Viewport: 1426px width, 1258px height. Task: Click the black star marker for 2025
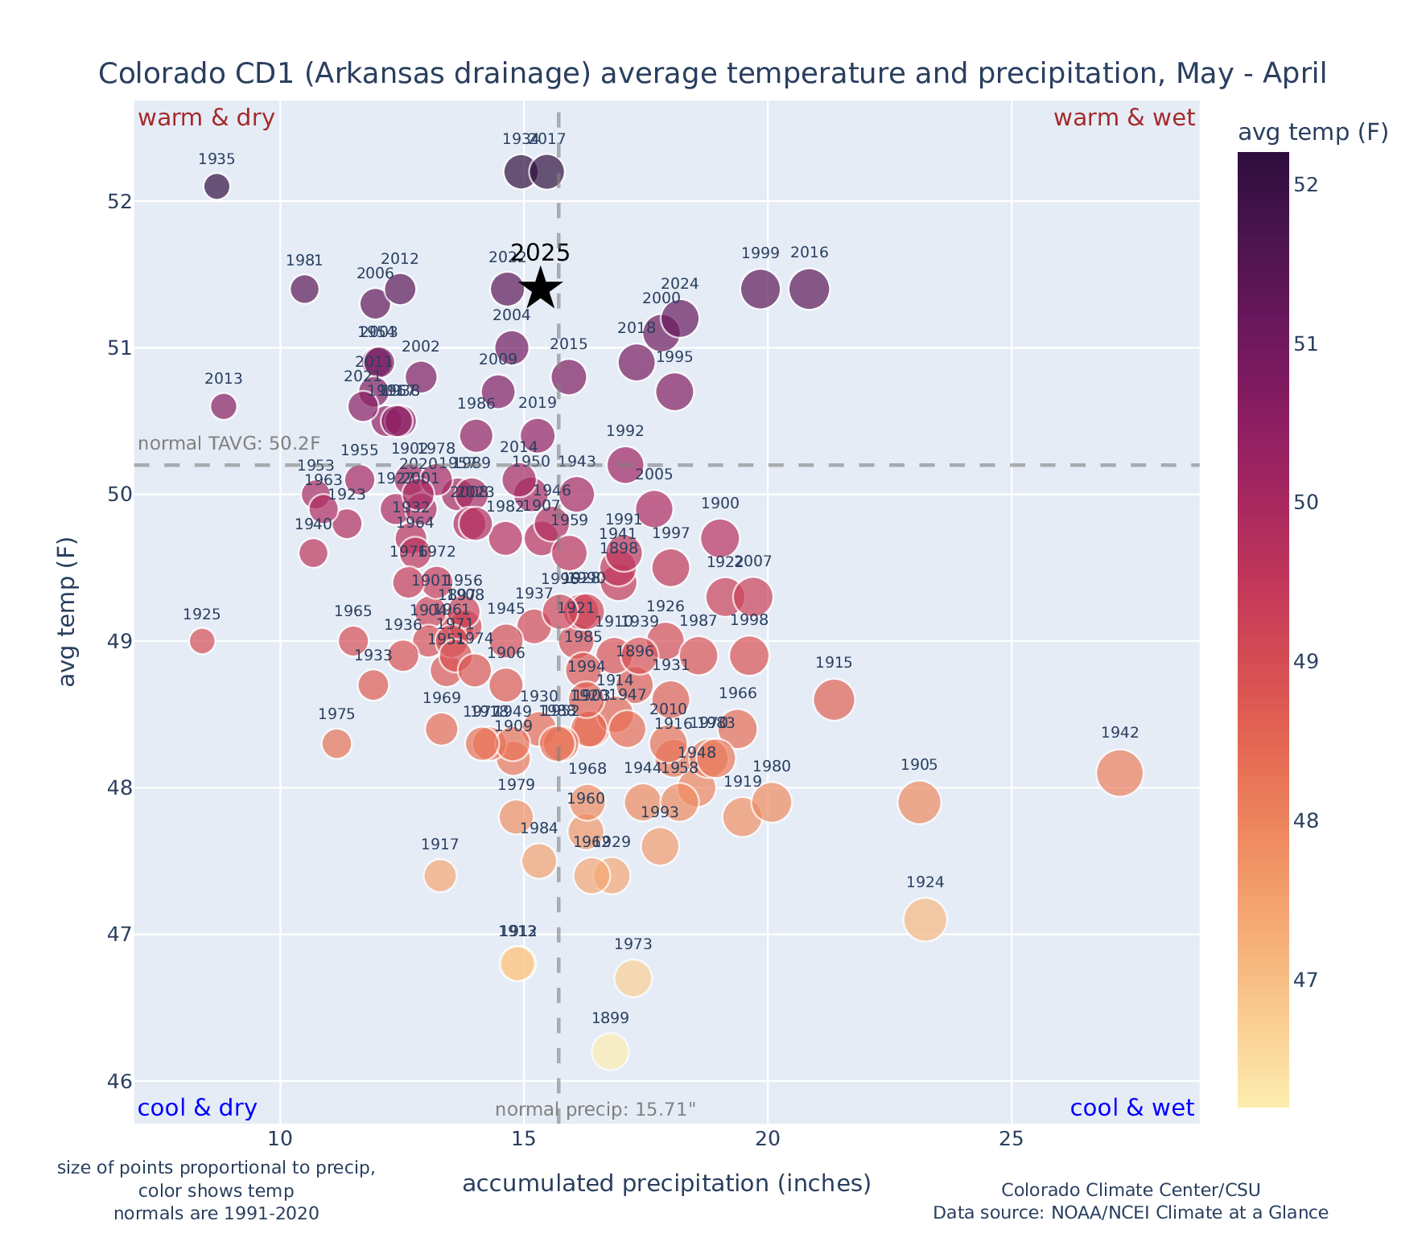pos(541,289)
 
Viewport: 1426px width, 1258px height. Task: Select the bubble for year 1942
pos(1119,773)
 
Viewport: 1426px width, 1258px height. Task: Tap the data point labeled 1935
pos(216,187)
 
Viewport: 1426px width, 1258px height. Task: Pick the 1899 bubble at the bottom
pos(610,1051)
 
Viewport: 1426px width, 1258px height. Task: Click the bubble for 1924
pos(925,919)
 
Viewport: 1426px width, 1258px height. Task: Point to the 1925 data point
pos(202,641)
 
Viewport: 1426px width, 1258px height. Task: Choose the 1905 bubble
pos(919,802)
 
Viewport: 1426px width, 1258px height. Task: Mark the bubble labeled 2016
pos(810,290)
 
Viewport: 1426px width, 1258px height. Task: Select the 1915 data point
pos(834,700)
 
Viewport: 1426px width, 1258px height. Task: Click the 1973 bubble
pos(633,978)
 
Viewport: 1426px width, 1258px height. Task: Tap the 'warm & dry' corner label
pos(207,118)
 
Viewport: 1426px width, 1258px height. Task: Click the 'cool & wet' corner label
pos(1132,1108)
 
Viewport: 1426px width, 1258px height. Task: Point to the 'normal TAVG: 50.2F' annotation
pos(229,444)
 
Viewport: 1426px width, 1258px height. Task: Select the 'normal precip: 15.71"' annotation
pos(595,1110)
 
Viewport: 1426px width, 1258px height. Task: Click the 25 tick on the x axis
pos(1011,1140)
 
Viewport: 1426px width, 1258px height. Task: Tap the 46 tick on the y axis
pos(120,1081)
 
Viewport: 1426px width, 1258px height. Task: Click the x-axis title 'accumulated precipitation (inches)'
pos(666,1183)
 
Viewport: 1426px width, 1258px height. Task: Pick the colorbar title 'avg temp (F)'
pos(1313,133)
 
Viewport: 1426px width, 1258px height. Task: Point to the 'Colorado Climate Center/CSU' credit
pos(1130,1190)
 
